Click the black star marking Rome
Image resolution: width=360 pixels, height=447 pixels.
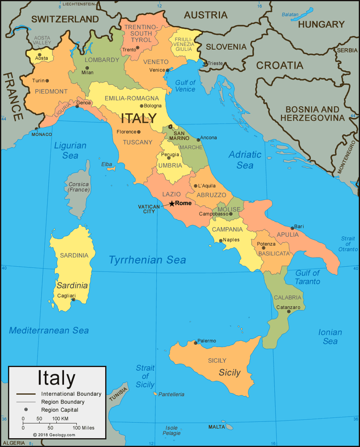[172, 204]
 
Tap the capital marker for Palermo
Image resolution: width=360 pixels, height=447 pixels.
[195, 343]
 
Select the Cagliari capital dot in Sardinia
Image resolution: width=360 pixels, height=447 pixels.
[73, 299]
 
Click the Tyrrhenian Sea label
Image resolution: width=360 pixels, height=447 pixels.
[147, 260]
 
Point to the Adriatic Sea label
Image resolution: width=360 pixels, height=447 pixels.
[245, 160]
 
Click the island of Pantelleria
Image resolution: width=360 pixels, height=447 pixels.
[155, 394]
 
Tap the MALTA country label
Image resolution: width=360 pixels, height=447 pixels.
[217, 427]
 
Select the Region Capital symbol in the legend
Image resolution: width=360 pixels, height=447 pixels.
[26, 409]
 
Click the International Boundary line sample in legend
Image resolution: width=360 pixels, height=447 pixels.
[26, 394]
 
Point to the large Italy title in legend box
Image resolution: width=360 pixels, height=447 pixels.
[56, 378]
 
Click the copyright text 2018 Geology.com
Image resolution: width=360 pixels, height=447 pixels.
[54, 435]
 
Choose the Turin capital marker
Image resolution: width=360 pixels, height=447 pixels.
[47, 80]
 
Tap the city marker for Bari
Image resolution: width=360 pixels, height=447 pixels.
[292, 228]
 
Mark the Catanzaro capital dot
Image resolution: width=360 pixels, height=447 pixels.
[289, 311]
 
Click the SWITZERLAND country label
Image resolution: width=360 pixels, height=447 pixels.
[65, 19]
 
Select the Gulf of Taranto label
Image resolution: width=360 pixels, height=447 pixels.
[307, 277]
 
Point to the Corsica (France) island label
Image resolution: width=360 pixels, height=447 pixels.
[79, 187]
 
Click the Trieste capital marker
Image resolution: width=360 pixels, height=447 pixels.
[205, 63]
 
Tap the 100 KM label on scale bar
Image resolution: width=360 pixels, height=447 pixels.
[60, 419]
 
